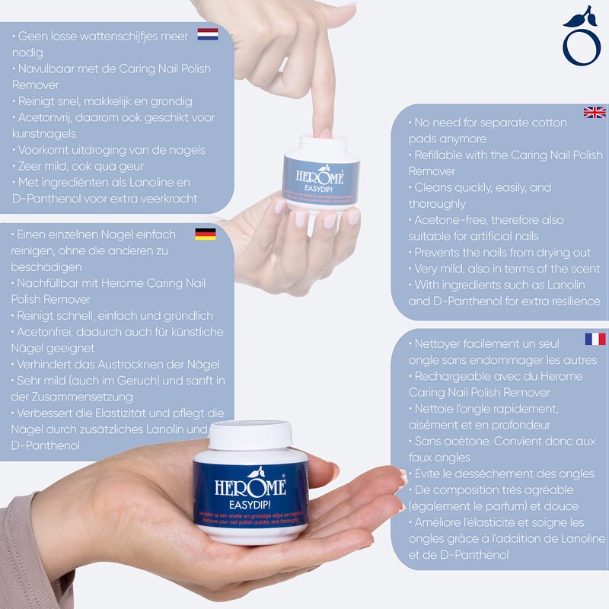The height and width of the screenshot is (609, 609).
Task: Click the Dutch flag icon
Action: [207, 34]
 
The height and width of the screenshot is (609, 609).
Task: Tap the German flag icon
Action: [206, 234]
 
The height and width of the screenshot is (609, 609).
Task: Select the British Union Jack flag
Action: [594, 113]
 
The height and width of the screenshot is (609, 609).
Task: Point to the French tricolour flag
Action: [595, 339]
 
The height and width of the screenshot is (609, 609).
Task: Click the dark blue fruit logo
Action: [582, 38]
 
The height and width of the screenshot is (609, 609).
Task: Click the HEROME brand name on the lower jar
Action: [249, 484]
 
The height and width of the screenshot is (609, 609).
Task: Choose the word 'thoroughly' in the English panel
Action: [437, 204]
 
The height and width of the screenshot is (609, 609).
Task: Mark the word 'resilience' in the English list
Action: [571, 301]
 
